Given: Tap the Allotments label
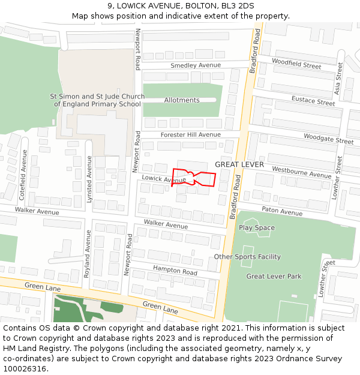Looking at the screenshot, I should (x=182, y=100).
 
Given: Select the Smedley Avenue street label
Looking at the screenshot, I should (x=196, y=65).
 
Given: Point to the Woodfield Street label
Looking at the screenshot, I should (x=296, y=63).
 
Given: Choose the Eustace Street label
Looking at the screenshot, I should (x=313, y=100).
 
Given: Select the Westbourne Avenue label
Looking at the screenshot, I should (x=301, y=172).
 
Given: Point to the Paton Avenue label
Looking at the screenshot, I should (x=282, y=212).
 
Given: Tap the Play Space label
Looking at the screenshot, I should (x=257, y=228).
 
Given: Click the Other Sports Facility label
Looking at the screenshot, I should (x=247, y=257).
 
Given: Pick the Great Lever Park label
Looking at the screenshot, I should (x=274, y=277).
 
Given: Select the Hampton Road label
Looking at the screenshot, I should (x=175, y=271).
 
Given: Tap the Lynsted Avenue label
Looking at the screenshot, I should (x=89, y=179).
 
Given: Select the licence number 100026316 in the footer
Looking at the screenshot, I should (x=26, y=369).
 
